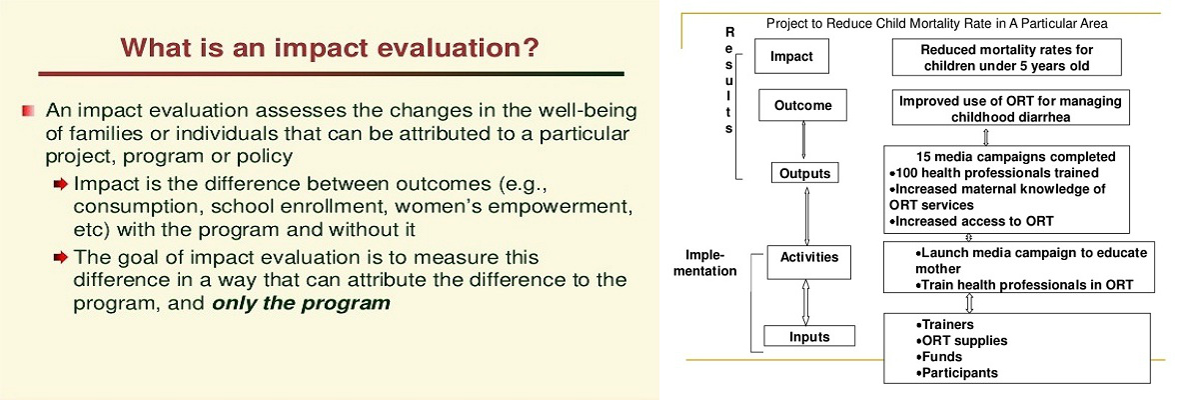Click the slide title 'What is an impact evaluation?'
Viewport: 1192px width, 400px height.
point(330,48)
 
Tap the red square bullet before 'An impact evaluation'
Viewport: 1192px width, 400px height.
point(29,112)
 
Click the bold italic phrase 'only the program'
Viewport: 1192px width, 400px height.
point(301,304)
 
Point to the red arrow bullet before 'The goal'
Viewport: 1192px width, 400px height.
point(61,259)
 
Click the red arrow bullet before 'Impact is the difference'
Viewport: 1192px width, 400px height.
point(61,185)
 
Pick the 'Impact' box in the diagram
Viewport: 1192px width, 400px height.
point(791,56)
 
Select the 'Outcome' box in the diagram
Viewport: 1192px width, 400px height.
point(802,106)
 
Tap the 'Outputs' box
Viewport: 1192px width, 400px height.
point(805,173)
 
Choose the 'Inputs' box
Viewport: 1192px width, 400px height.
point(809,336)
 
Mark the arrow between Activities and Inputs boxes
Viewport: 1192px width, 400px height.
point(805,302)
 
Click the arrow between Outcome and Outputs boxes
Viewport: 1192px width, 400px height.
point(802,141)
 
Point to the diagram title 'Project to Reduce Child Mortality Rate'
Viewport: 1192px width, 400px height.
point(936,24)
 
